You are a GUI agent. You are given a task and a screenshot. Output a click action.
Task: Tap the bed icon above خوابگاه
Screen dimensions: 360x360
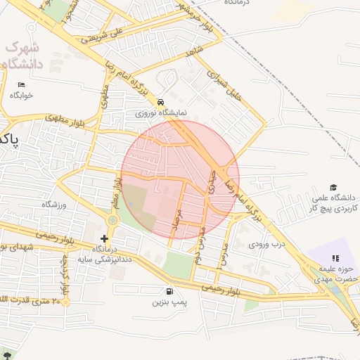[x=20, y=84]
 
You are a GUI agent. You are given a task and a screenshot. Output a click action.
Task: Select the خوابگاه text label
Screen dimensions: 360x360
[x=20, y=95]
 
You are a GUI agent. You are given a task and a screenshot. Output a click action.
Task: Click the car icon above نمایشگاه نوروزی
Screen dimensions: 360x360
[x=162, y=101]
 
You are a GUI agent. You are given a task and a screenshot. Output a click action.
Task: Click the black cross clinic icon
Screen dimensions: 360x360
[x=105, y=239]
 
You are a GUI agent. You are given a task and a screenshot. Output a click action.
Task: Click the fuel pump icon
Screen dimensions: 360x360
[x=169, y=291]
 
